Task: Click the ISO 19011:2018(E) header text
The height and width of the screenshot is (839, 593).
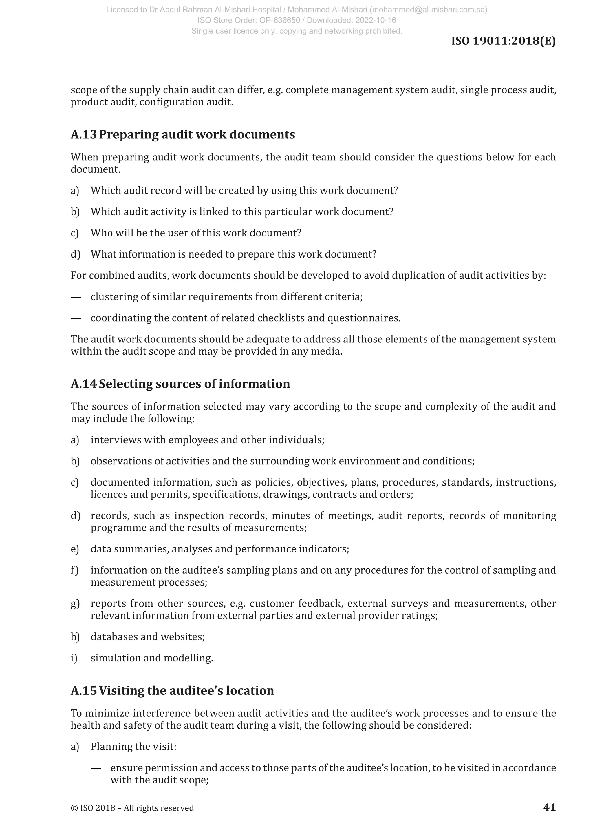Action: [x=503, y=41]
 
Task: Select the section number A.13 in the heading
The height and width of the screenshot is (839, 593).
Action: [x=84, y=134]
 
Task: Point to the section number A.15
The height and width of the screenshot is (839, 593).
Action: [x=84, y=690]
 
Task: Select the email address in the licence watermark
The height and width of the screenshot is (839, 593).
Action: [x=431, y=10]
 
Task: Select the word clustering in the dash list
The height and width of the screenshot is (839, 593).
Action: [x=114, y=297]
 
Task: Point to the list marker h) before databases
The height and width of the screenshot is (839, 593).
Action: [x=75, y=636]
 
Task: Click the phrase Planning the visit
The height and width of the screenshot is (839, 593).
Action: [x=133, y=746]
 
